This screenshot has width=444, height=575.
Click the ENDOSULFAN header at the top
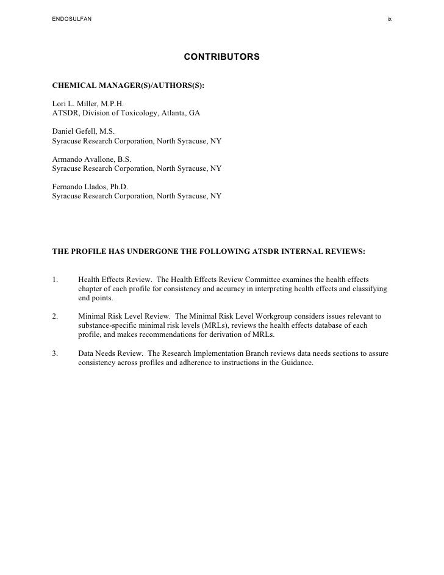click(x=72, y=20)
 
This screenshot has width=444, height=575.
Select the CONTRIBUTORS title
click(x=221, y=57)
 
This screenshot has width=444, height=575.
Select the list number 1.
click(x=55, y=280)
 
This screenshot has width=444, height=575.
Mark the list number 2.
click(x=55, y=316)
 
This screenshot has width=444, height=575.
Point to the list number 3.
click(x=55, y=353)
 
